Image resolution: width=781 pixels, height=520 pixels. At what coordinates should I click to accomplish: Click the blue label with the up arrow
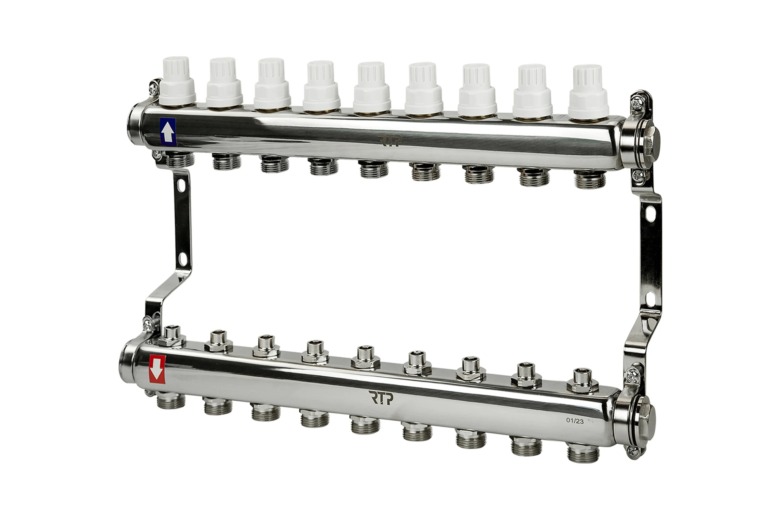[168, 132]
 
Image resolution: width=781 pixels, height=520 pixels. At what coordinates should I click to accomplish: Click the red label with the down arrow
[158, 370]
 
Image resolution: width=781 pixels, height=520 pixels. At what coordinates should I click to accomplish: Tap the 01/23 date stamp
[575, 421]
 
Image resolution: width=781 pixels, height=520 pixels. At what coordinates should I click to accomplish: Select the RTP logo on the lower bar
[380, 397]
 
